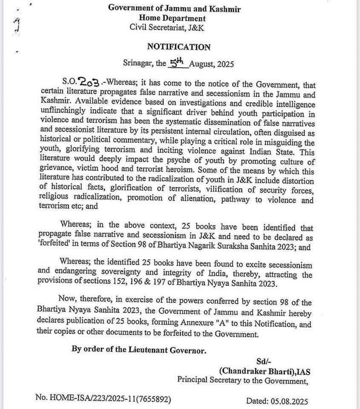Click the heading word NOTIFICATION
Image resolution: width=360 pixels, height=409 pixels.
coord(179,47)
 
